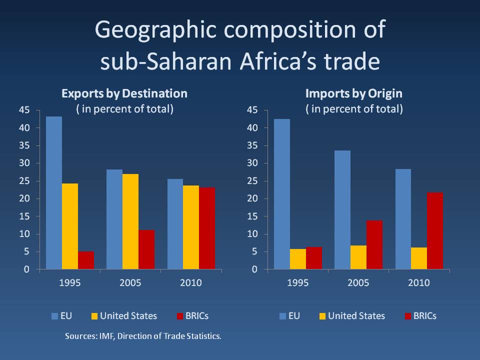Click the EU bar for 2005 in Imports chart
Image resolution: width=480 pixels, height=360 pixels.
(342, 210)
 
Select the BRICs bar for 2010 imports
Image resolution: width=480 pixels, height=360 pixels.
(434, 231)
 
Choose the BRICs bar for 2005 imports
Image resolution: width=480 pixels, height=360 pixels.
(374, 245)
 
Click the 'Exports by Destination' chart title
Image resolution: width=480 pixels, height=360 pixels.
(124, 93)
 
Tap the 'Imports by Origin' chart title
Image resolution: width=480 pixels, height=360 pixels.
(354, 93)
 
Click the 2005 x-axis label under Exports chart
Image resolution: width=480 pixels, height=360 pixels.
(130, 283)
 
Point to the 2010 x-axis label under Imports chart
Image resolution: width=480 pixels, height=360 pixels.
(419, 283)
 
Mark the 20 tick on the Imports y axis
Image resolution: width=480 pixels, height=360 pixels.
(254, 198)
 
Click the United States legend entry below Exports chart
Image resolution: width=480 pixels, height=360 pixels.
(128, 316)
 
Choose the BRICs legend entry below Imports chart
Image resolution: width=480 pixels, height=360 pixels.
(424, 316)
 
